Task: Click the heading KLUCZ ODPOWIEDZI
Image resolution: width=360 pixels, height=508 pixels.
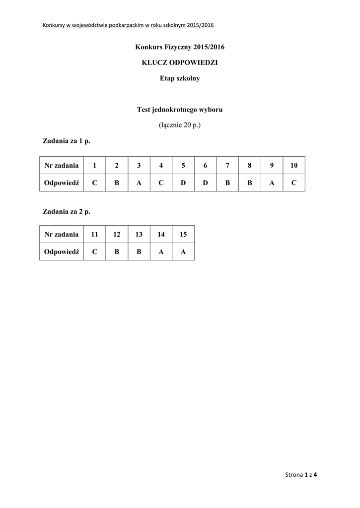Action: (180, 63)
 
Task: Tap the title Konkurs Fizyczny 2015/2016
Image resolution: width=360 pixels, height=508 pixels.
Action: (180, 47)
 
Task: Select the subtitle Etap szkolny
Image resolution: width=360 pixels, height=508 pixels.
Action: (180, 78)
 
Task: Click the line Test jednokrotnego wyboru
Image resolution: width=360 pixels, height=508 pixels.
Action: (180, 110)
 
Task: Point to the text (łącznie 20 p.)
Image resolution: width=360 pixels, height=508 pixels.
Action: (180, 126)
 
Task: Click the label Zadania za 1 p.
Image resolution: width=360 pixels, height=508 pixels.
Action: (67, 141)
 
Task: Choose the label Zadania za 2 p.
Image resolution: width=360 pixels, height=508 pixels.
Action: (67, 211)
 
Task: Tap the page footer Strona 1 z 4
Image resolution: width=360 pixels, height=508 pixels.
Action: (301, 475)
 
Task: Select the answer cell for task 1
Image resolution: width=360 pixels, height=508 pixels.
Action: (94, 183)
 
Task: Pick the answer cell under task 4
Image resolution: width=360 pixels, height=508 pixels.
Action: (161, 183)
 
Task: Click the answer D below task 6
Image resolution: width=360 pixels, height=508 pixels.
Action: (205, 183)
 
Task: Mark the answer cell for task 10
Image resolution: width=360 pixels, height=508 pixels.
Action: (294, 183)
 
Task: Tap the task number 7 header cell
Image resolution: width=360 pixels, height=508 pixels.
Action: (227, 165)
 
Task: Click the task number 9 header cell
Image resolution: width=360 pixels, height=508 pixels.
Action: (272, 165)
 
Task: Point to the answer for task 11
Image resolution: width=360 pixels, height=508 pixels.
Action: (94, 252)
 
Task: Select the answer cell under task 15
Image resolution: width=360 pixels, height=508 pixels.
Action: (183, 252)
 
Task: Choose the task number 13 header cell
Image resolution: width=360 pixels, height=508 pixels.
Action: (139, 234)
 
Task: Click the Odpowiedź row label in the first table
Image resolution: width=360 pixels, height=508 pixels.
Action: (62, 183)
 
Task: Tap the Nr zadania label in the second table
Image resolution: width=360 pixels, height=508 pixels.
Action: (62, 234)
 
